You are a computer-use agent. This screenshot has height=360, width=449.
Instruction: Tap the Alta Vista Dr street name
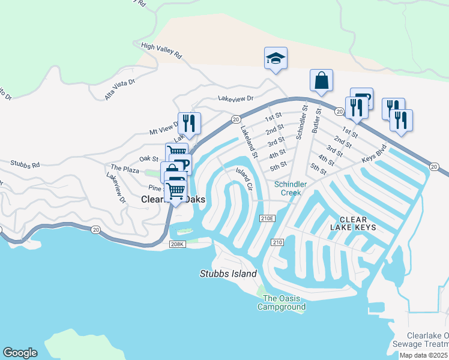[120, 88]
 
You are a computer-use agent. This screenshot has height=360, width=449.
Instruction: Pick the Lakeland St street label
[249, 142]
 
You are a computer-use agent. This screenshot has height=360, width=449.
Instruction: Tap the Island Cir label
[243, 178]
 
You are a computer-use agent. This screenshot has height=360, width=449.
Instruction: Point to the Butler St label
[317, 122]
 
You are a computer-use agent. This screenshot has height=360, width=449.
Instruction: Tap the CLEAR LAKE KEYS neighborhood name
[353, 223]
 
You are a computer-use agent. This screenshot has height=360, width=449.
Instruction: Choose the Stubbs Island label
[228, 274]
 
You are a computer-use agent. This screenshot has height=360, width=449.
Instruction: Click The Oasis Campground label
[282, 302]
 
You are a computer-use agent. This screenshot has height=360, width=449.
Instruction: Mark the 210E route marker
[267, 218]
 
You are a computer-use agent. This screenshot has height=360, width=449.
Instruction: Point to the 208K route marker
[176, 244]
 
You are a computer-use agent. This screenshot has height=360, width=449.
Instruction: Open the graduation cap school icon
[276, 58]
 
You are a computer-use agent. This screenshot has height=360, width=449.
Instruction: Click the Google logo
[20, 353]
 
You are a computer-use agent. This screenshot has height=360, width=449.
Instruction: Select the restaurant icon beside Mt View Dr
[188, 123]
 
